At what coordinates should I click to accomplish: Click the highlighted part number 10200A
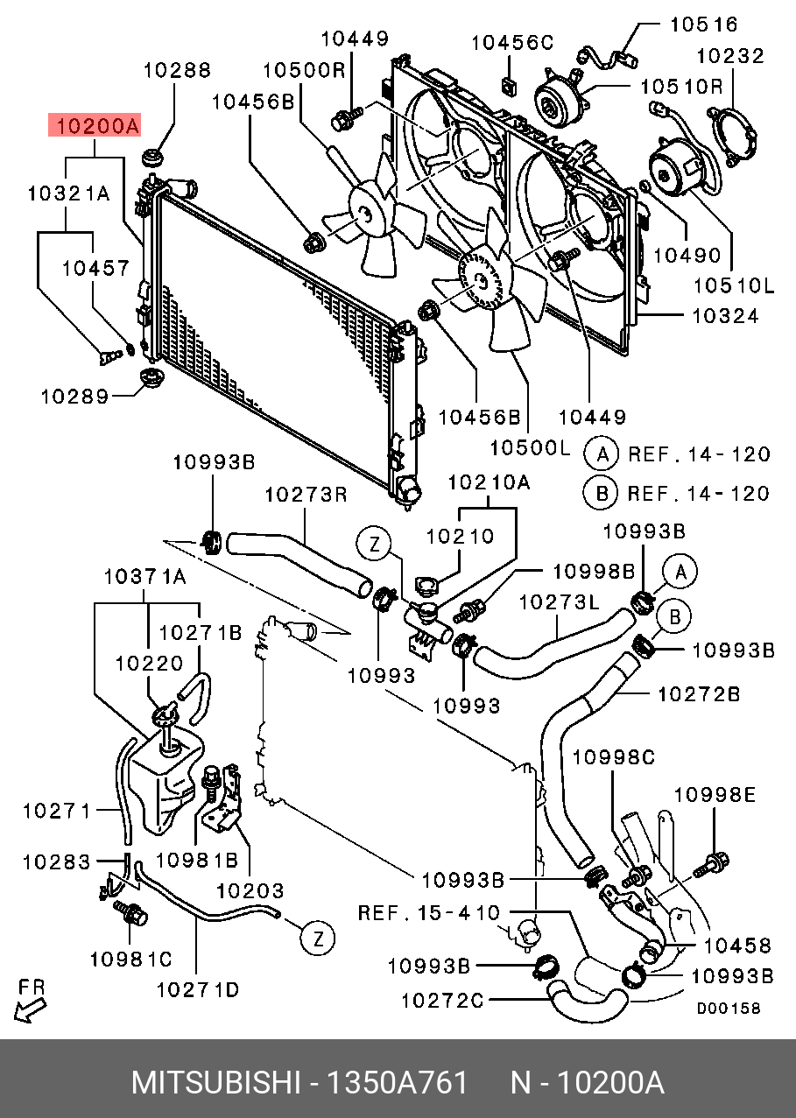pos(94,126)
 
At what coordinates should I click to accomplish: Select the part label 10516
pos(704,25)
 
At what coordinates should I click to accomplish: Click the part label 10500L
pos(530,448)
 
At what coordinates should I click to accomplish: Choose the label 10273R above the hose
pos(306,495)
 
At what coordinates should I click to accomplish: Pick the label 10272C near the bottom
pos(442,999)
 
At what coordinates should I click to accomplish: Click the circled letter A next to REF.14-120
pos(602,454)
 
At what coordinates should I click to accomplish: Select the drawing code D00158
pos(728,1009)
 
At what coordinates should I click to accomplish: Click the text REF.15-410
pos(428,913)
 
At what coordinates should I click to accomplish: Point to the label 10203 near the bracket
pos(250,891)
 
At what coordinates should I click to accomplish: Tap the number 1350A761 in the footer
pos(397,1083)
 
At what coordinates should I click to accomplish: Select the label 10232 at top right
pos(730,56)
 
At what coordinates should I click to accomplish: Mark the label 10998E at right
pos(714,795)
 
